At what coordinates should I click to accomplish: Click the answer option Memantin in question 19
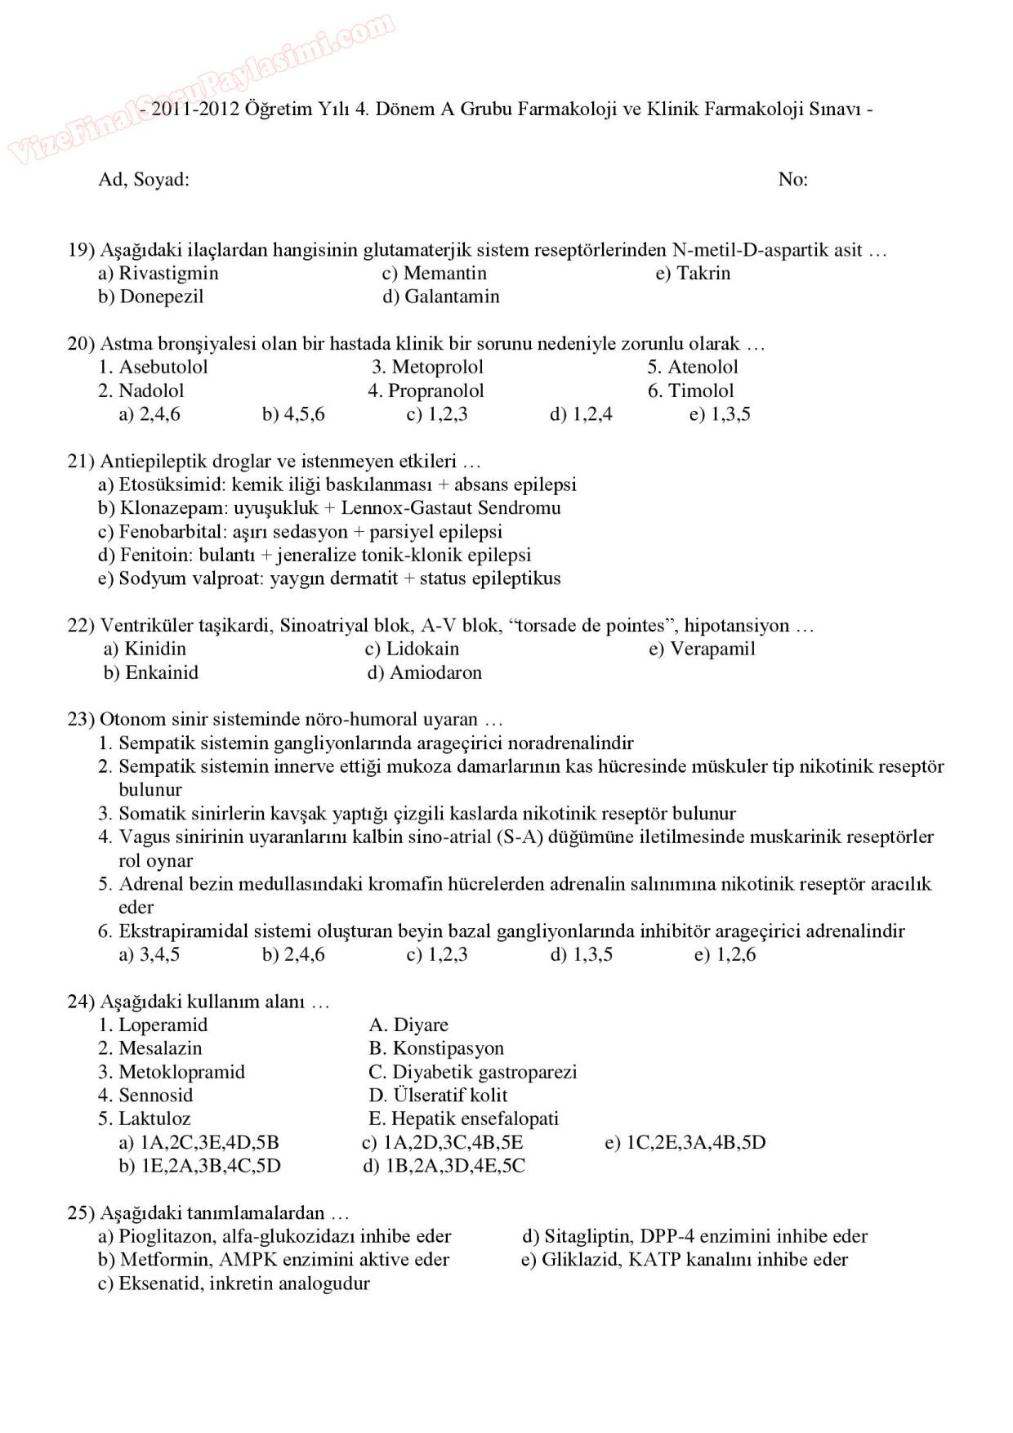click(444, 273)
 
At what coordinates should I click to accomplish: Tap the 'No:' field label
click(792, 180)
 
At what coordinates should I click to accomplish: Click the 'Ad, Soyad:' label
click(144, 180)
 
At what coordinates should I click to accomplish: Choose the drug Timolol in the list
click(700, 391)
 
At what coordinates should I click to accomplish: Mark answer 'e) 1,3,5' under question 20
click(720, 414)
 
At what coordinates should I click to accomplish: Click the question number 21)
click(81, 462)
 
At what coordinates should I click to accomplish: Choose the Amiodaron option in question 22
click(435, 672)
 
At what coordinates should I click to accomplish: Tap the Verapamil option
click(712, 649)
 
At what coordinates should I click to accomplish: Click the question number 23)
click(81, 720)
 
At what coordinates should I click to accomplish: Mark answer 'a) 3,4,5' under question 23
click(149, 954)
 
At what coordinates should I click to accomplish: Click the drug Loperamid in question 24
click(163, 1025)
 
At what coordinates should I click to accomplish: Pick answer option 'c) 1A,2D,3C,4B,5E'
click(442, 1142)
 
